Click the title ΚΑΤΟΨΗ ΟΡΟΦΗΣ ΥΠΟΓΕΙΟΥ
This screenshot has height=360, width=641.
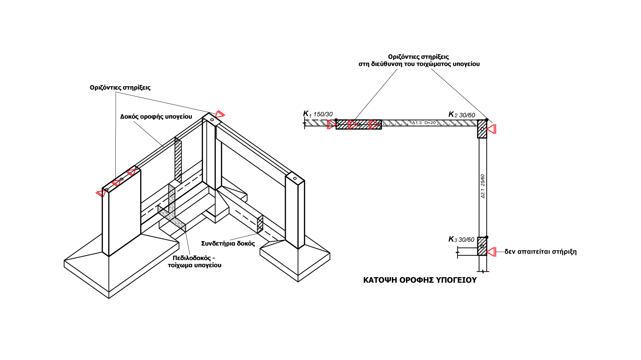click(420, 280)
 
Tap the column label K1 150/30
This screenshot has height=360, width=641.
click(318, 114)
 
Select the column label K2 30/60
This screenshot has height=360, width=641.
click(462, 115)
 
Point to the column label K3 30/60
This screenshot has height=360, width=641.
click(461, 239)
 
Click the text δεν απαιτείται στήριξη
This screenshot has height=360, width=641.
click(541, 252)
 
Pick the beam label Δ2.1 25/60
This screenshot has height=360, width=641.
click(483, 186)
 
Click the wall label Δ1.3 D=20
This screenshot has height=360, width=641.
click(424, 123)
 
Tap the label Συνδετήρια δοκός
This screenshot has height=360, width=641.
click(228, 243)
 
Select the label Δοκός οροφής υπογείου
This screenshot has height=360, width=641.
click(156, 117)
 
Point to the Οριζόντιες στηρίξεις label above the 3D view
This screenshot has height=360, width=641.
click(120, 88)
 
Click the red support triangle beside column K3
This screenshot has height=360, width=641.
click(491, 252)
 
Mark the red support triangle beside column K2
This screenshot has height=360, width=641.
click(491, 129)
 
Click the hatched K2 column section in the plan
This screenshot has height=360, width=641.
click(482, 129)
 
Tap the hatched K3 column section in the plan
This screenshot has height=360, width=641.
click(482, 246)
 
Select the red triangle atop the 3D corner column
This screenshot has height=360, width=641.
click(220, 114)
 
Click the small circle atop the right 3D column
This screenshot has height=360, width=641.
click(295, 179)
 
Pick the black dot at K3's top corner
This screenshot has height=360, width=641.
click(486, 237)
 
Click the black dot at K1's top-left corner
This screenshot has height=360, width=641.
click(336, 120)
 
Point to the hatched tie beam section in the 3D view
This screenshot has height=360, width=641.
click(260, 224)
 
